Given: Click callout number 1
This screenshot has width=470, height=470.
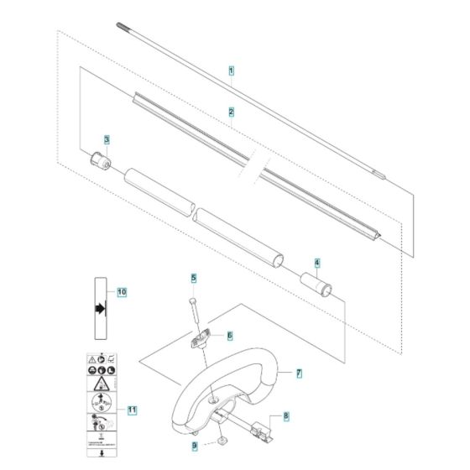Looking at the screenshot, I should (x=231, y=73).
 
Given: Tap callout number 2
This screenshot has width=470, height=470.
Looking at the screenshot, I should (x=231, y=111).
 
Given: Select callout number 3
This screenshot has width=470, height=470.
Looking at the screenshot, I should (x=107, y=139).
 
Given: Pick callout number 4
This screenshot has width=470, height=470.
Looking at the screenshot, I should (x=316, y=262).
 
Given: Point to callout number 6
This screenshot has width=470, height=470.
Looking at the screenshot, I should (x=228, y=335).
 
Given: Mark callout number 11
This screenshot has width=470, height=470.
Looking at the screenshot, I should (x=131, y=410).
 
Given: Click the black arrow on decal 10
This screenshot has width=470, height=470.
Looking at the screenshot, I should (x=102, y=309).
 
